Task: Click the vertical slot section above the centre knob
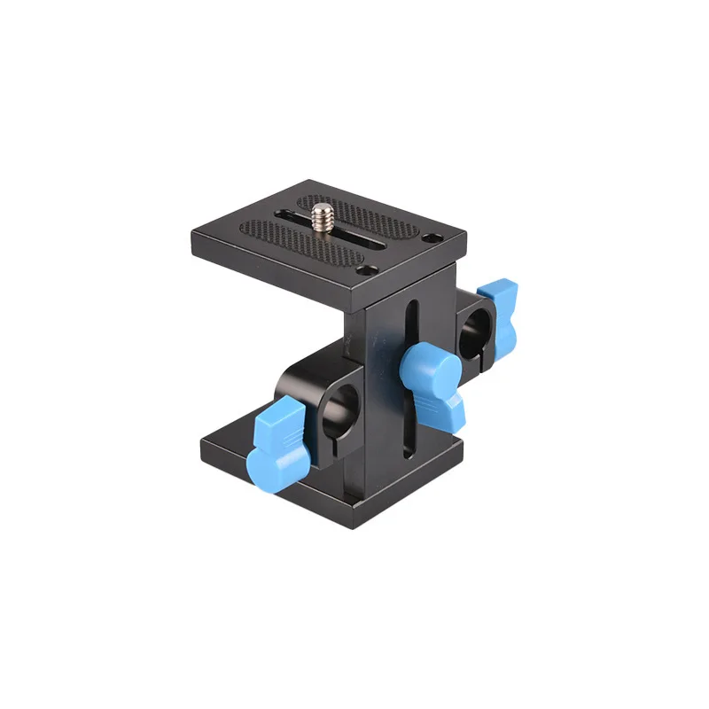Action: pos(410,323)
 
